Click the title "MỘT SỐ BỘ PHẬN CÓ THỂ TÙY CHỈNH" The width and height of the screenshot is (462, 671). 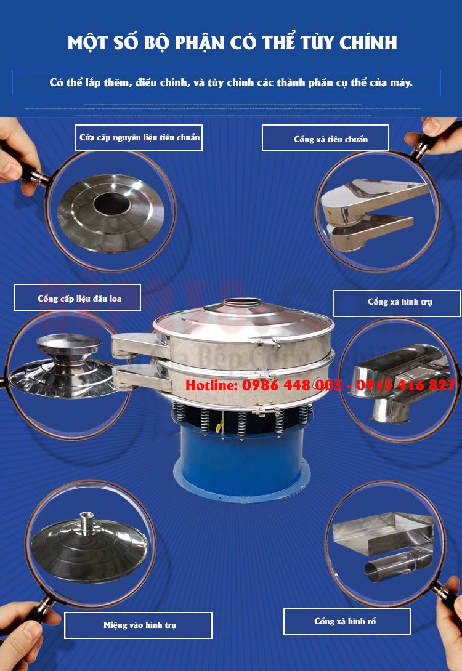click(232, 42)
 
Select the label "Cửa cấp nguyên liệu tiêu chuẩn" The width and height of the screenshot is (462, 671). click(139, 137)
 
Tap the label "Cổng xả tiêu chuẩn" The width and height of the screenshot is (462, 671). click(325, 139)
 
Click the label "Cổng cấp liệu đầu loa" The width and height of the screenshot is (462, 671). click(78, 298)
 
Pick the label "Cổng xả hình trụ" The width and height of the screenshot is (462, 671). click(397, 303)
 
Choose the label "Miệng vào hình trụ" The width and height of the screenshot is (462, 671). click(139, 625)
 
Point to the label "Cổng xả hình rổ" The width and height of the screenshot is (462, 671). click(347, 621)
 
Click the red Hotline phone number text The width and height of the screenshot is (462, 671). click(320, 385)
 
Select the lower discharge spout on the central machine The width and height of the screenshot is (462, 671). click(132, 376)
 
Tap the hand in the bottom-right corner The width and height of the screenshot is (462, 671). click(451, 634)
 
